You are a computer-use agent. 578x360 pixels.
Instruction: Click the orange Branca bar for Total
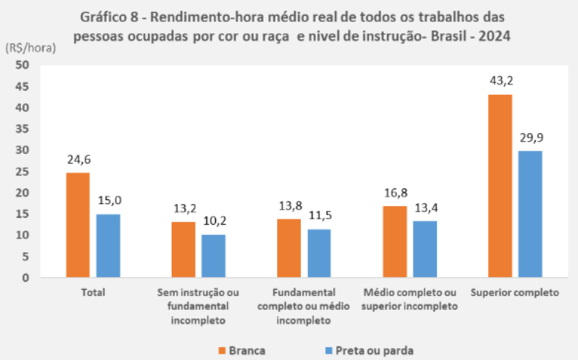78,225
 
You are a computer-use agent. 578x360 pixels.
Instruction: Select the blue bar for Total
108,246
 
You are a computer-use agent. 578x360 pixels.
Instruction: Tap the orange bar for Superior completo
500,186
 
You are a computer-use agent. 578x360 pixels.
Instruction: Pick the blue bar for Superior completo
530,214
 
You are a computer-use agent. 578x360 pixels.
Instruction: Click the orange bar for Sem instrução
183,249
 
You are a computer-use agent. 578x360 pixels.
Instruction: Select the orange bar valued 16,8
394,241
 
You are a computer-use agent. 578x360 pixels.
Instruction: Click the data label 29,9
530,139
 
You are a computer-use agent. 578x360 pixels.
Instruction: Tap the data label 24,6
78,161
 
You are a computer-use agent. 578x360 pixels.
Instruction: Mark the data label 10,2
214,223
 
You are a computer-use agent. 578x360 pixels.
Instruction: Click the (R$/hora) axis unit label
30,47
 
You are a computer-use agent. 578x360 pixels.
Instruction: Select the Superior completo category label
515,292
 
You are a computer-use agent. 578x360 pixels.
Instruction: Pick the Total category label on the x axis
93,292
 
